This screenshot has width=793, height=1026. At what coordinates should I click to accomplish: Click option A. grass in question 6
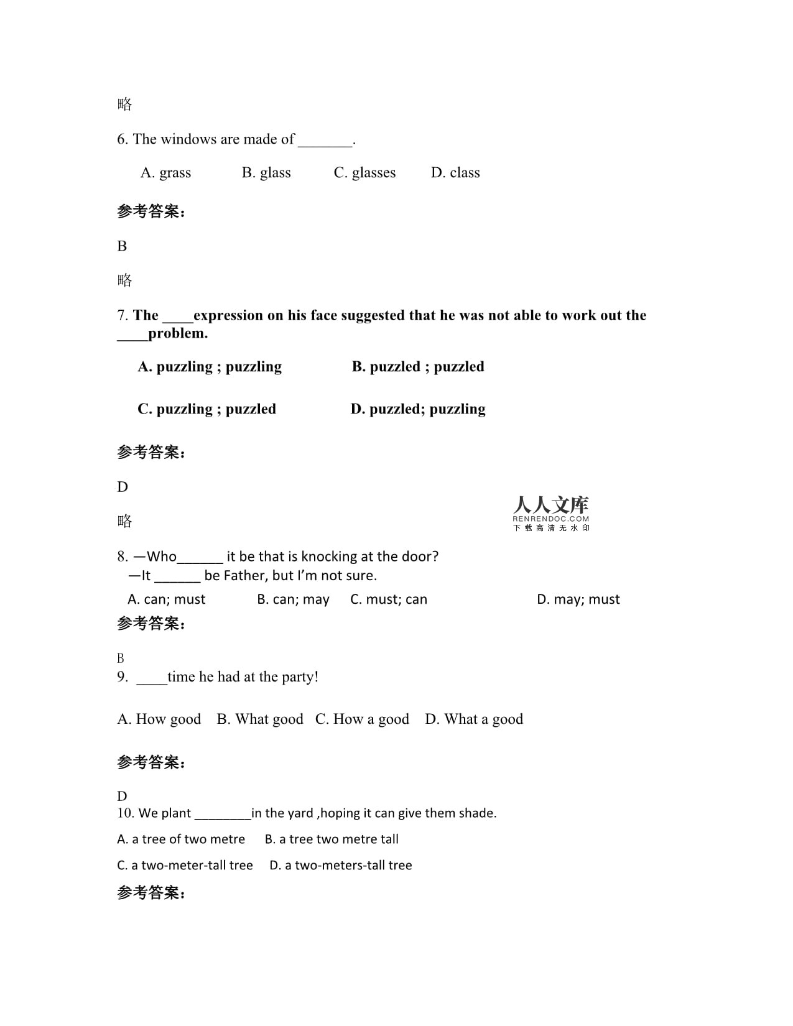pyautogui.click(x=165, y=173)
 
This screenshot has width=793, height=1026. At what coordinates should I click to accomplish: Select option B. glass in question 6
pyautogui.click(x=266, y=173)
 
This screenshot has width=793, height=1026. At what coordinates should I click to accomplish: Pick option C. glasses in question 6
pyautogui.click(x=364, y=173)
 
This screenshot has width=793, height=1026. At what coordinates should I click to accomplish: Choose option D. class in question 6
pyautogui.click(x=455, y=173)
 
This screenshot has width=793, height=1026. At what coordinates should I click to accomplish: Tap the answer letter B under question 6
pyautogui.click(x=122, y=246)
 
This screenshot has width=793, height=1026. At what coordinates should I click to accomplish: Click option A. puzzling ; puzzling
pyautogui.click(x=210, y=367)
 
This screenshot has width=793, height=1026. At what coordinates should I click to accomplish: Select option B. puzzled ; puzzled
pyautogui.click(x=418, y=367)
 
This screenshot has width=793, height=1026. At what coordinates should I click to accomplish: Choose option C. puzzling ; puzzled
pyautogui.click(x=206, y=409)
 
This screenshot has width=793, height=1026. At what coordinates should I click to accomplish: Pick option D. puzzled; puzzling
pyautogui.click(x=418, y=409)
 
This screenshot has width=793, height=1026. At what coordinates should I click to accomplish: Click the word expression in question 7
pyautogui.click(x=229, y=315)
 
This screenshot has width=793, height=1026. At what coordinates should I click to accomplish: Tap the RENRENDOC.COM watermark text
pyautogui.click(x=551, y=519)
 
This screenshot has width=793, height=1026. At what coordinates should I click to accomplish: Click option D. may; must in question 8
pyautogui.click(x=578, y=599)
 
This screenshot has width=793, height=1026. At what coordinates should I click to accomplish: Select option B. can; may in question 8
pyautogui.click(x=293, y=599)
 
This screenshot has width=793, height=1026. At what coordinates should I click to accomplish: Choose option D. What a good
pyautogui.click(x=474, y=719)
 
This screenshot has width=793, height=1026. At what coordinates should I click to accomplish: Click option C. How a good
pyautogui.click(x=362, y=719)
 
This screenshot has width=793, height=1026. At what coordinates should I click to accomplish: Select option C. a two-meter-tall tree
pyautogui.click(x=185, y=866)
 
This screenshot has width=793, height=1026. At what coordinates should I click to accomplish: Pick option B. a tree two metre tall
pyautogui.click(x=332, y=839)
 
